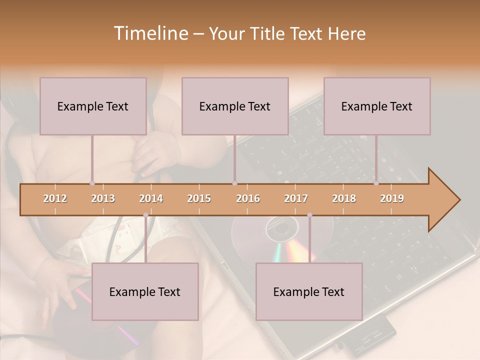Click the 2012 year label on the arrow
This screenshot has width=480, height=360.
coord(55,198)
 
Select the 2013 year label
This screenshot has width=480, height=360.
coord(103,198)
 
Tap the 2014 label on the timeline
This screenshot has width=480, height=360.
coord(151,198)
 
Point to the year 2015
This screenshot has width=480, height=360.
coord(199,198)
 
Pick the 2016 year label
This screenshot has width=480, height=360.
coord(248,198)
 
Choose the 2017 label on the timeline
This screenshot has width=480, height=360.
coord(296,198)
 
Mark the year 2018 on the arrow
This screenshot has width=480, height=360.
coord(344,198)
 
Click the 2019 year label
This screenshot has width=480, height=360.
coord(392,198)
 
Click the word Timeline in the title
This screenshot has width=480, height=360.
coord(150,33)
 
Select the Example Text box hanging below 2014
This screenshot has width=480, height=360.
coord(145,291)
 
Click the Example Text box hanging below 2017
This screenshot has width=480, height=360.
coord(309,291)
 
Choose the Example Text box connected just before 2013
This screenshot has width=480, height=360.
coord(93,106)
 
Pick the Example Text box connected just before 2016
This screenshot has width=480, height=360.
coord(235,106)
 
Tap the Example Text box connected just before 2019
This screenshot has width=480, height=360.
coord(377,106)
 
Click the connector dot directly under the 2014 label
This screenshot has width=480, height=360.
coord(145,215)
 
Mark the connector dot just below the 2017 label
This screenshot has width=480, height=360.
coord(309,215)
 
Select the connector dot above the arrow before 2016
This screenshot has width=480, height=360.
coord(234,183)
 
